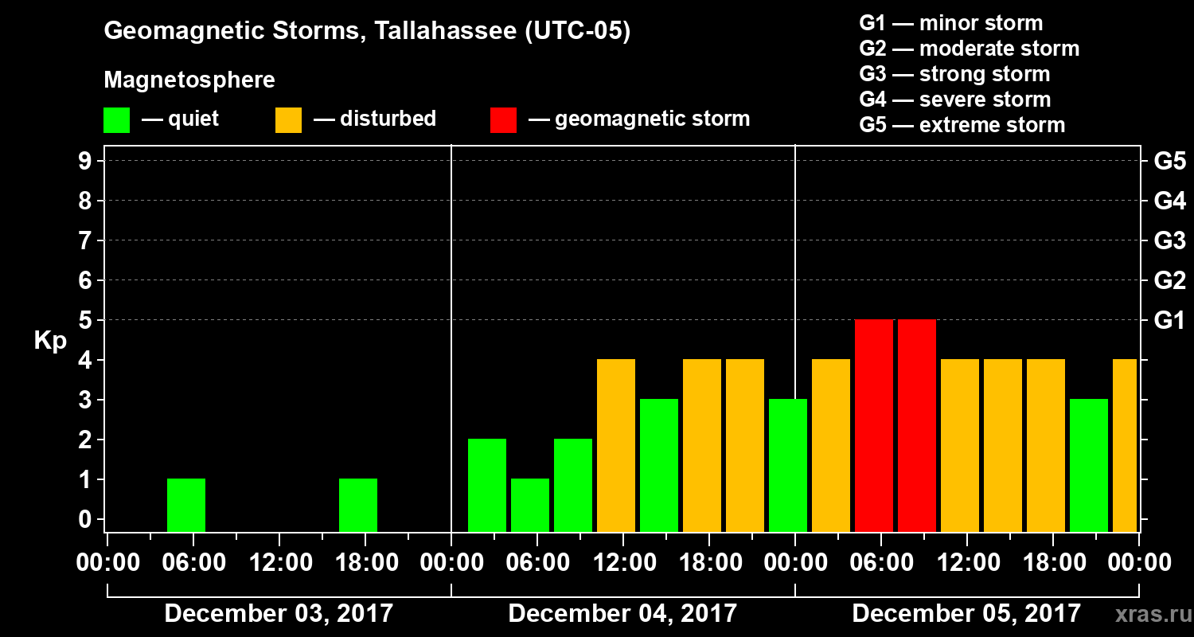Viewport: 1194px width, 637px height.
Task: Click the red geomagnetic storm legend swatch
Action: coord(503,119)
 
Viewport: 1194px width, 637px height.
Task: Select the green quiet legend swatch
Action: coord(116,119)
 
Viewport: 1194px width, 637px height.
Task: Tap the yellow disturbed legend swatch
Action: coord(288,119)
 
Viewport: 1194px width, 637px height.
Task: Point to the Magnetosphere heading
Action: coord(189,80)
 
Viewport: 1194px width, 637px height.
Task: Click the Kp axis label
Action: coord(50,341)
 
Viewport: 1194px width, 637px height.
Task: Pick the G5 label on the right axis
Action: coord(1169,161)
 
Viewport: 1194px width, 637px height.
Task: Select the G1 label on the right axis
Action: coord(1169,320)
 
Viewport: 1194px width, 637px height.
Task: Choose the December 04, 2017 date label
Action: coord(622,613)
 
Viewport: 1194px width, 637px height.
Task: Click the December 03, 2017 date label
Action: coord(279,613)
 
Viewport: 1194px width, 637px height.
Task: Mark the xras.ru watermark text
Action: coord(1147,614)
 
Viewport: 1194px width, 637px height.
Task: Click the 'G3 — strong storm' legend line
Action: coord(954,74)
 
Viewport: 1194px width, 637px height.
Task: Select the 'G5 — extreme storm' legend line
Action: coord(962,125)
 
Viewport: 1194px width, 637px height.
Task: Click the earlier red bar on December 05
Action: coord(874,425)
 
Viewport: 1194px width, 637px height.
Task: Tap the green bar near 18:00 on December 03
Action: coord(358,505)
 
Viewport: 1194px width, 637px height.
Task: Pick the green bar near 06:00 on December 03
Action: coord(186,505)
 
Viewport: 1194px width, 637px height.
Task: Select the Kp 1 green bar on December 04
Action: coord(530,505)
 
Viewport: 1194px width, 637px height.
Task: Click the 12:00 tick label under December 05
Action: coord(966,563)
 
